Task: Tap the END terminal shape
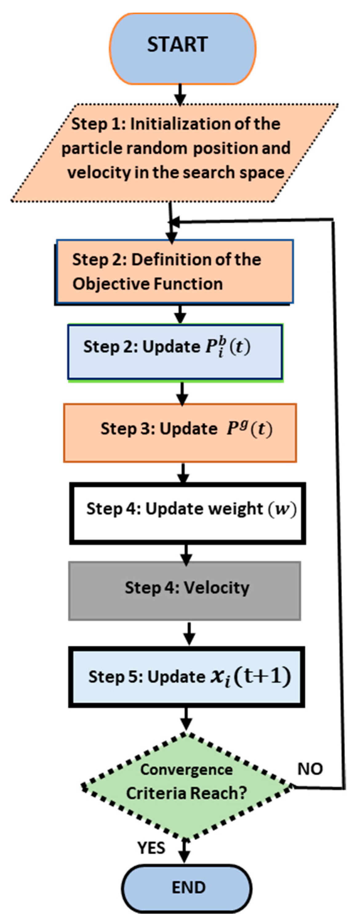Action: [187, 888]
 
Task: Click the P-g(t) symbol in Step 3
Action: [249, 429]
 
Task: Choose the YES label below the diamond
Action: [151, 848]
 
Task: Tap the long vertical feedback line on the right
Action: [339, 502]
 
